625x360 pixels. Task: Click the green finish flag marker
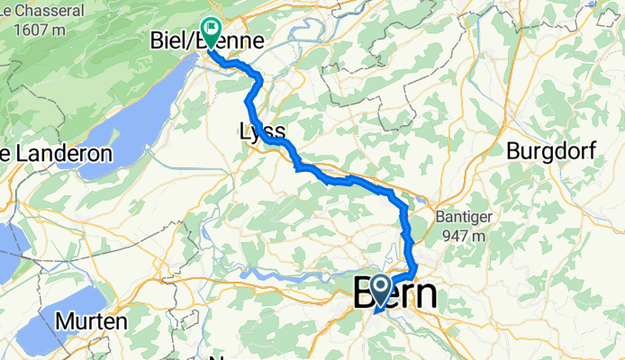pyautogui.click(x=211, y=31)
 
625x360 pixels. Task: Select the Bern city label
pyautogui.click(x=396, y=295)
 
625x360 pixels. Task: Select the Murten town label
pyautogui.click(x=89, y=320)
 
